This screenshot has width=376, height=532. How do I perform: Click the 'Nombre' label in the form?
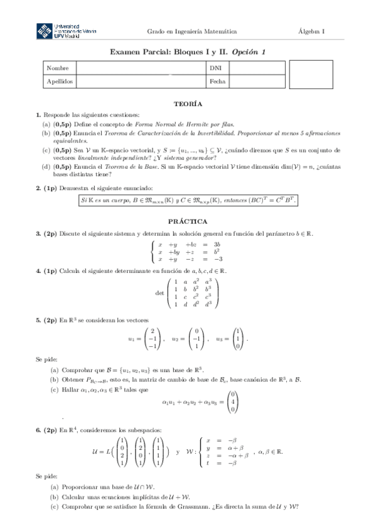pyautogui.click(x=57, y=68)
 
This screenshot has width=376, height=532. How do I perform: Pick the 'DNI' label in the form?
pyautogui.click(x=215, y=68)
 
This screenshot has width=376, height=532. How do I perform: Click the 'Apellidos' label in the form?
pyautogui.click(x=60, y=82)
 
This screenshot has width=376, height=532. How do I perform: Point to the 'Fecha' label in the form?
pyautogui.click(x=217, y=82)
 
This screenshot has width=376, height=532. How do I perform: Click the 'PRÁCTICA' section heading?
pyautogui.click(x=188, y=221)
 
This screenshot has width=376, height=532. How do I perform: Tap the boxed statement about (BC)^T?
pyautogui.click(x=188, y=200)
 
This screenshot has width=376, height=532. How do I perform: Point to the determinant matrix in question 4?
pyautogui.click(x=194, y=292)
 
